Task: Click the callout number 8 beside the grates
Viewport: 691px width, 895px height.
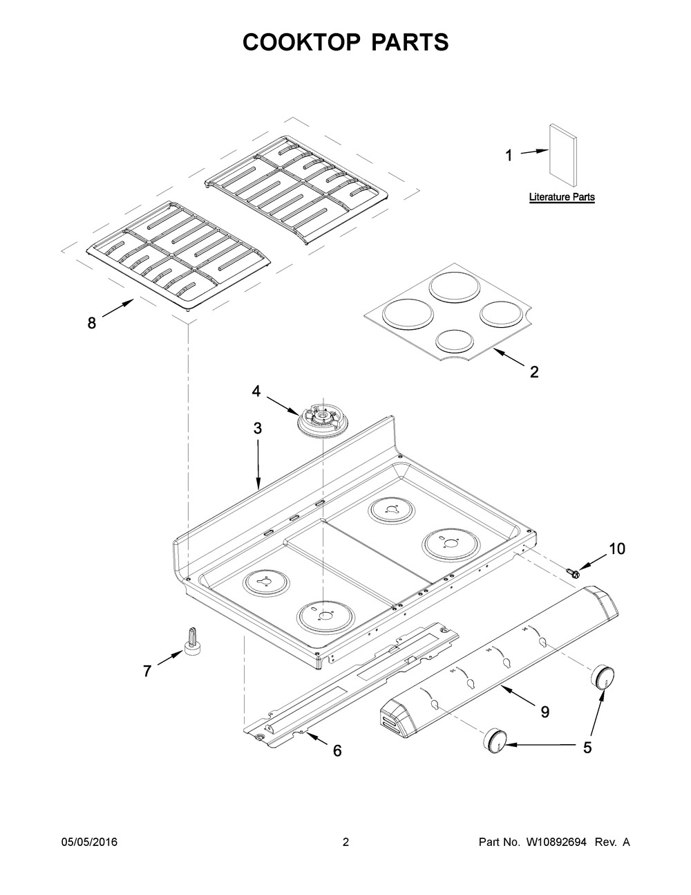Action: point(92,323)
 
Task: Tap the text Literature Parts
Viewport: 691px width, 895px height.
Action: point(562,197)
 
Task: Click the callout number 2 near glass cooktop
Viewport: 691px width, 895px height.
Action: point(534,372)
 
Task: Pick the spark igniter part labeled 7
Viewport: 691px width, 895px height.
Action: point(191,640)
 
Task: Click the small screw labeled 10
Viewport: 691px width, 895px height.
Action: point(572,571)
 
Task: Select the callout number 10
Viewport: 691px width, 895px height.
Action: point(616,548)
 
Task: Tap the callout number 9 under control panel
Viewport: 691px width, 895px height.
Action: point(545,712)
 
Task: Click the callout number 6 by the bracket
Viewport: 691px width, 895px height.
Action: point(337,750)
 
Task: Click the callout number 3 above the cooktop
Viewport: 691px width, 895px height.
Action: point(257,428)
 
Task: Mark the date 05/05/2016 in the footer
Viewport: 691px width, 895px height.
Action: point(89,842)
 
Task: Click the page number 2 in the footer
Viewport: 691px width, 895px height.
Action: point(345,842)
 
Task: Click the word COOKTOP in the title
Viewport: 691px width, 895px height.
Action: point(301,42)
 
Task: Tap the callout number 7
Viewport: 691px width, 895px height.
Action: point(147,671)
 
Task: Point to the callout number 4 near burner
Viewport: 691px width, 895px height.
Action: point(256,391)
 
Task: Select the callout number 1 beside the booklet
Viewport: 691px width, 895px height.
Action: point(509,156)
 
